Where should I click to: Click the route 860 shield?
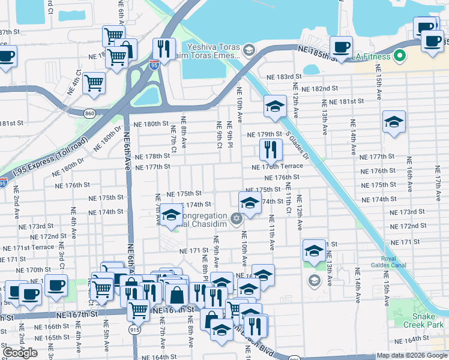point(89,113)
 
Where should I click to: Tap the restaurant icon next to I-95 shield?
point(163,47)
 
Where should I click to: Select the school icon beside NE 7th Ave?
point(172,216)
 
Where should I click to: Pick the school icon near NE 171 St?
point(314,250)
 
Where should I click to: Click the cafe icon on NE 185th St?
point(342,47)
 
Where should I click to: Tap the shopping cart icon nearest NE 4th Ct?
point(94,83)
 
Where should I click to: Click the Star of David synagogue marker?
point(237,217)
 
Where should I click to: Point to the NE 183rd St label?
point(284,77)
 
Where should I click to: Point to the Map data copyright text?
point(412,355)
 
